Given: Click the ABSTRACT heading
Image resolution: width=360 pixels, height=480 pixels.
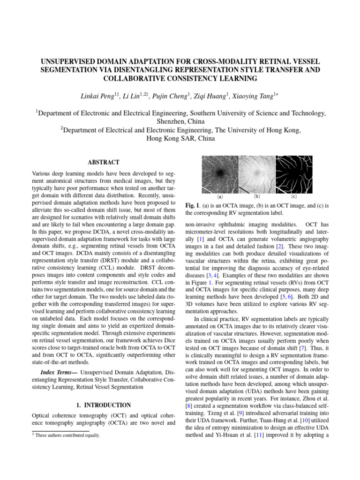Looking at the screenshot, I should pyautogui.click(x=103, y=162).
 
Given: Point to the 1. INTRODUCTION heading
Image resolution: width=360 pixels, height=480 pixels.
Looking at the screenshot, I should pyautogui.click(x=103, y=405).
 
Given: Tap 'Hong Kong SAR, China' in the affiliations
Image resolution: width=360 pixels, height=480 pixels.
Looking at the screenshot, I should pyautogui.click(x=180, y=139).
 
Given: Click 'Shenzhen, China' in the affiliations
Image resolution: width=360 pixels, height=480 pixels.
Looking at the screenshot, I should pyautogui.click(x=180, y=122).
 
